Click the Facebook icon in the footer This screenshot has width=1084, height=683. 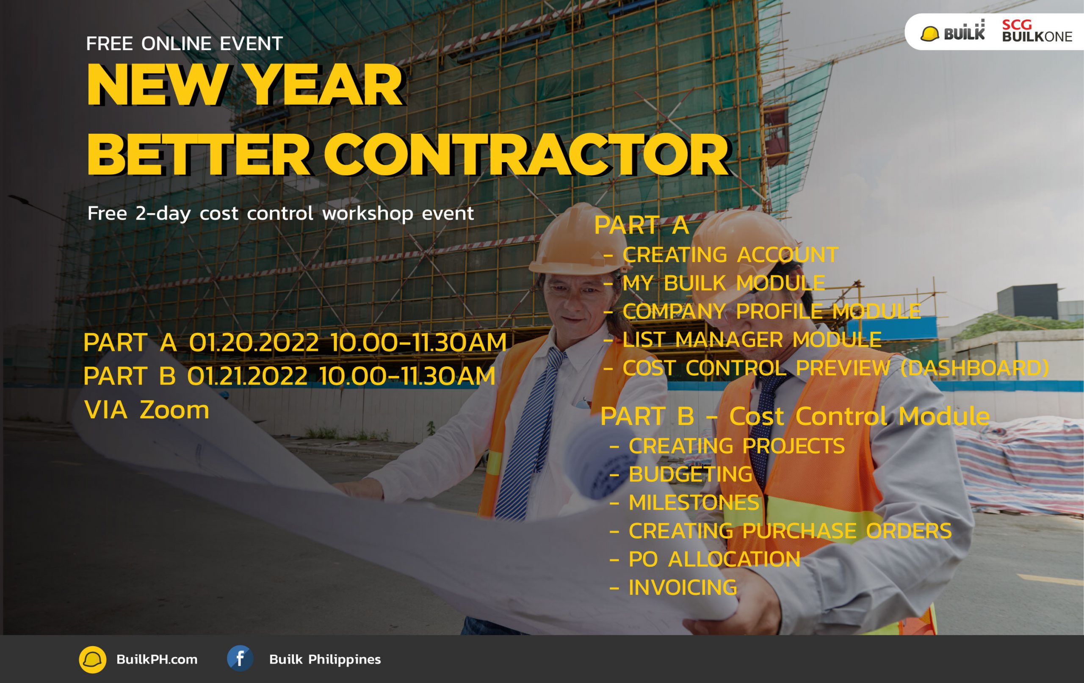[x=240, y=659]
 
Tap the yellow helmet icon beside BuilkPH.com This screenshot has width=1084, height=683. [x=93, y=660]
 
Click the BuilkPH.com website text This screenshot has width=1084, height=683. [x=157, y=660]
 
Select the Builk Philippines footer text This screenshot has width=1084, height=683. [x=325, y=660]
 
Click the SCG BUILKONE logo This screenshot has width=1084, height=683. [x=1037, y=31]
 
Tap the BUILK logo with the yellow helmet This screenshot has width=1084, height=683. [x=953, y=31]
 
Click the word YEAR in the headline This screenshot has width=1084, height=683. [x=325, y=85]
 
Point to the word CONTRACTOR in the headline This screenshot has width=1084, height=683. [x=526, y=155]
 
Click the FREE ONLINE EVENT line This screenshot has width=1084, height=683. [x=184, y=44]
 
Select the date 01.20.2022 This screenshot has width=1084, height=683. [x=254, y=342]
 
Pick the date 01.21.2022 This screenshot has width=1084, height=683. [x=247, y=376]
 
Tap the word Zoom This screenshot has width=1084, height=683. [x=174, y=410]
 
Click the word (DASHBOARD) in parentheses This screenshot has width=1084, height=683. [x=975, y=368]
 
